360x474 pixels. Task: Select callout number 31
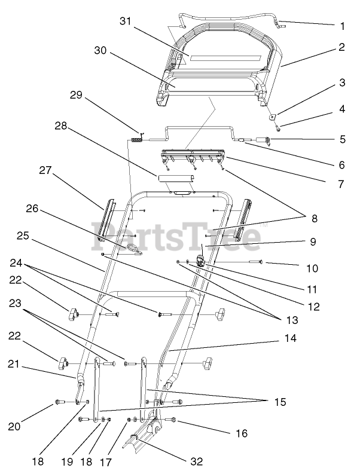tap(124, 21)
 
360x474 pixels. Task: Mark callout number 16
tap(242, 433)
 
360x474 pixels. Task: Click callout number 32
tap(196, 462)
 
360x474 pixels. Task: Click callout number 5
tap(341, 139)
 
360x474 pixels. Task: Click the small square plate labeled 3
tap(271, 117)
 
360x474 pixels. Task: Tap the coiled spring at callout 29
tap(137, 140)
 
